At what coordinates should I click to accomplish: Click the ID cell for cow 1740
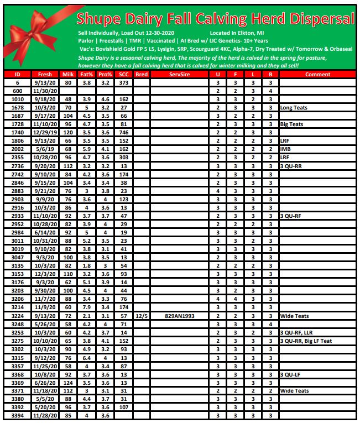click(17, 133)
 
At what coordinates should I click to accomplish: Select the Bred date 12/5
click(142, 316)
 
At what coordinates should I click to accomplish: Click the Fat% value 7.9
click(86, 307)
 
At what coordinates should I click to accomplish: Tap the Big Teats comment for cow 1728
click(291, 124)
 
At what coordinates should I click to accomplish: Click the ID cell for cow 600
click(17, 91)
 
